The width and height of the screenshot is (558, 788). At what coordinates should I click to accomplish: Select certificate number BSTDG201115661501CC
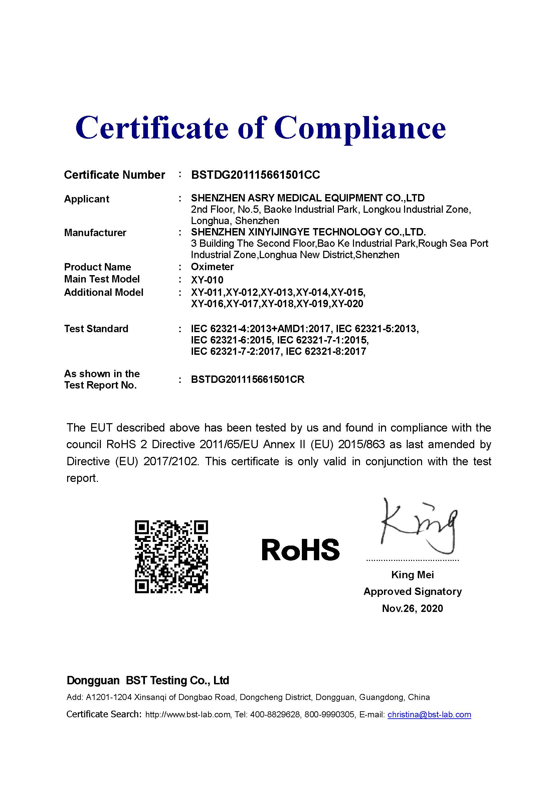pos(255,175)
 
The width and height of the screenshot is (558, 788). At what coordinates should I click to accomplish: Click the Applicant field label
pos(86,199)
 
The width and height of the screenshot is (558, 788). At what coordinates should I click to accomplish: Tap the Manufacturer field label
pos(95,233)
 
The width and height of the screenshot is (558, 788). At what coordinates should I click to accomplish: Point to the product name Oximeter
pos(212,267)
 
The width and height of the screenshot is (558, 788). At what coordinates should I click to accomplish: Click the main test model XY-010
pos(207,280)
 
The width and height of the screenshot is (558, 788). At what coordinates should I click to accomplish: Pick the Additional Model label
pos(104,292)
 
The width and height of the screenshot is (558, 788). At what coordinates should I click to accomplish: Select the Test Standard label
pos(96,329)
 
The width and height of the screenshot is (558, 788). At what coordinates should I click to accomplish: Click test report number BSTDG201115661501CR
pos(248,379)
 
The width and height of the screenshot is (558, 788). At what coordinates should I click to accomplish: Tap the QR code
pos(171,557)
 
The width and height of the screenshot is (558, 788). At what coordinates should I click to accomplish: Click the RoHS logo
pos(301,550)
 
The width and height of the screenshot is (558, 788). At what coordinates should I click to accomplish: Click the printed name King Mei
pos(412,575)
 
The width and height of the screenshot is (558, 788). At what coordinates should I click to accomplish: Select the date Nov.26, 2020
pos(412,609)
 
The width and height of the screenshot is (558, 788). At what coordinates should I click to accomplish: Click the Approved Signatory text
pos(412,592)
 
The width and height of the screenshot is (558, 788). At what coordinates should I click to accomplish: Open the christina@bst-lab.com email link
pos(429,715)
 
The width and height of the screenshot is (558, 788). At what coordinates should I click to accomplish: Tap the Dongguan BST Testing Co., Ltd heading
pos(148,680)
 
